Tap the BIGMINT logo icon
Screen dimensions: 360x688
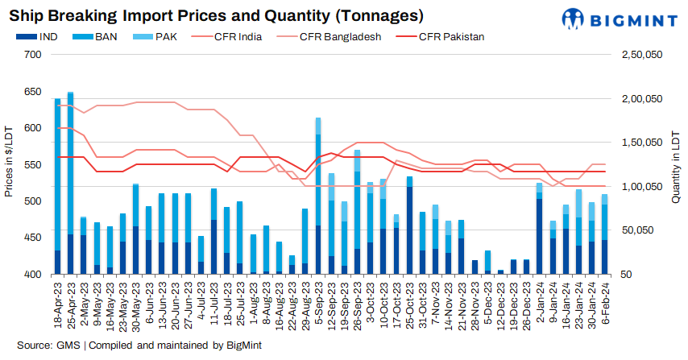pyautogui.click(x=574, y=19)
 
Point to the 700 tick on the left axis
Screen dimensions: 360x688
pyautogui.click(x=33, y=55)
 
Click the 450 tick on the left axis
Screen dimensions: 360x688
pyautogui.click(x=33, y=238)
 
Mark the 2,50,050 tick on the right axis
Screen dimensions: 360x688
pyautogui.click(x=642, y=55)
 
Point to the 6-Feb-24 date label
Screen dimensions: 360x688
pyautogui.click(x=605, y=305)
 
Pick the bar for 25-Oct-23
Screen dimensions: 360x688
pyautogui.click(x=410, y=226)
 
